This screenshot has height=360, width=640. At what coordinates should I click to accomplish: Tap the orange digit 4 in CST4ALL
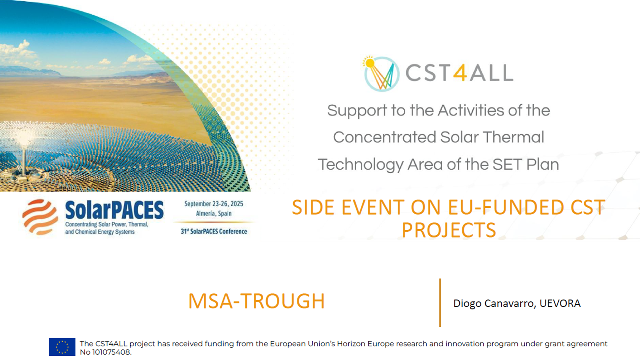point(461,73)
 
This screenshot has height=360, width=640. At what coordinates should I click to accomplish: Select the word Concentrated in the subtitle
point(380,137)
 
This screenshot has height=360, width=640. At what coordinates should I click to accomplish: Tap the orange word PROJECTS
point(449,230)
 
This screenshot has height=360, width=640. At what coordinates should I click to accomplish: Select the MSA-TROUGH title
point(256,301)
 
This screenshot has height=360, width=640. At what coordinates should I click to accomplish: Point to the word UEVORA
point(560,303)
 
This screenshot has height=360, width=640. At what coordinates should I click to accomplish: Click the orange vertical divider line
point(440,302)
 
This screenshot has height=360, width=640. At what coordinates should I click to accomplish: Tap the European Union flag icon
point(62,347)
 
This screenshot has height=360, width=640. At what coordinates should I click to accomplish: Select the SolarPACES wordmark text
point(114,211)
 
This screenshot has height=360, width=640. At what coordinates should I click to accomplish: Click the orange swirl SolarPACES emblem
point(40,217)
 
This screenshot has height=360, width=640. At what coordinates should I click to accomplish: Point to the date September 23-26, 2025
point(214,204)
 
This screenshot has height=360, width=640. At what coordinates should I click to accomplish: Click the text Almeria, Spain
point(214,213)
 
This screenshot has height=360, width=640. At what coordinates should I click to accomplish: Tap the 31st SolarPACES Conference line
point(214,231)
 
